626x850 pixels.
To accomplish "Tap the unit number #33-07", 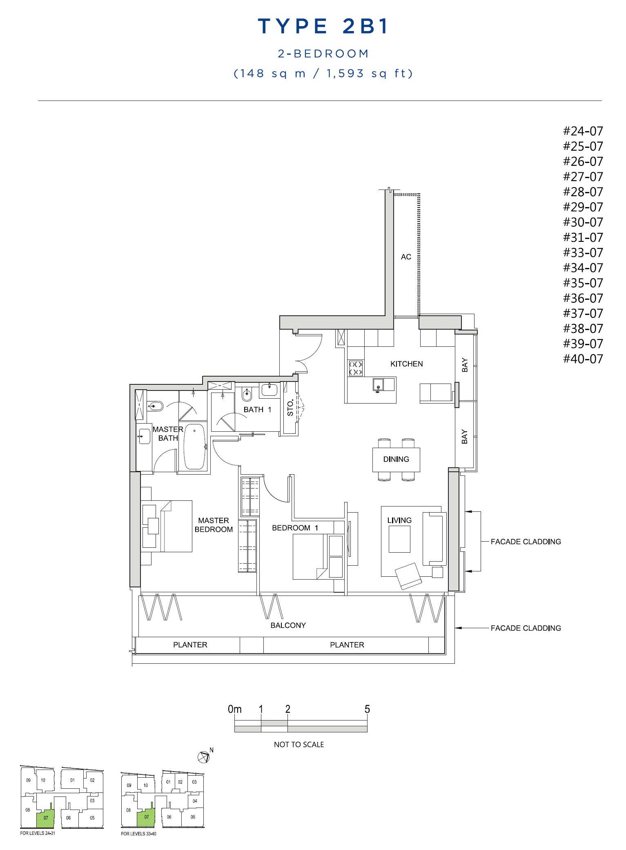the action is [x=583, y=253].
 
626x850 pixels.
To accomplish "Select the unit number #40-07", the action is [x=583, y=359].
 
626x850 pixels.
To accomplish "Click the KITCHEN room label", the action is [x=406, y=364].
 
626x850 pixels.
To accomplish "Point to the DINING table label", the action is [x=396, y=459].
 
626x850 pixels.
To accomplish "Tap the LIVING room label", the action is [x=399, y=520].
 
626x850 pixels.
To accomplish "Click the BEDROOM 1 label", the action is [x=295, y=528].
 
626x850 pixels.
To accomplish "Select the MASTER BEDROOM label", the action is [x=214, y=525].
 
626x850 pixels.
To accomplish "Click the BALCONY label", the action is [x=288, y=625].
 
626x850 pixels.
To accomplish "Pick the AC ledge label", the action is [x=406, y=257].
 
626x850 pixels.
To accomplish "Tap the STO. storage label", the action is [x=290, y=408].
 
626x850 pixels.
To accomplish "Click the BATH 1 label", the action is [x=257, y=410].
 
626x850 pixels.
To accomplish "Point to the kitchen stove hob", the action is [x=355, y=368].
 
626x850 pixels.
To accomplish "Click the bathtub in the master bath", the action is [x=194, y=447].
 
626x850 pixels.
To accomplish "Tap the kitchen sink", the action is [x=378, y=385].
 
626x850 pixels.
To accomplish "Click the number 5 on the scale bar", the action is [x=367, y=709].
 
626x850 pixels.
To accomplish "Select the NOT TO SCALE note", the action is [x=299, y=745].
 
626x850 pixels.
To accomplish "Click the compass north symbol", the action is [x=203, y=757].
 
